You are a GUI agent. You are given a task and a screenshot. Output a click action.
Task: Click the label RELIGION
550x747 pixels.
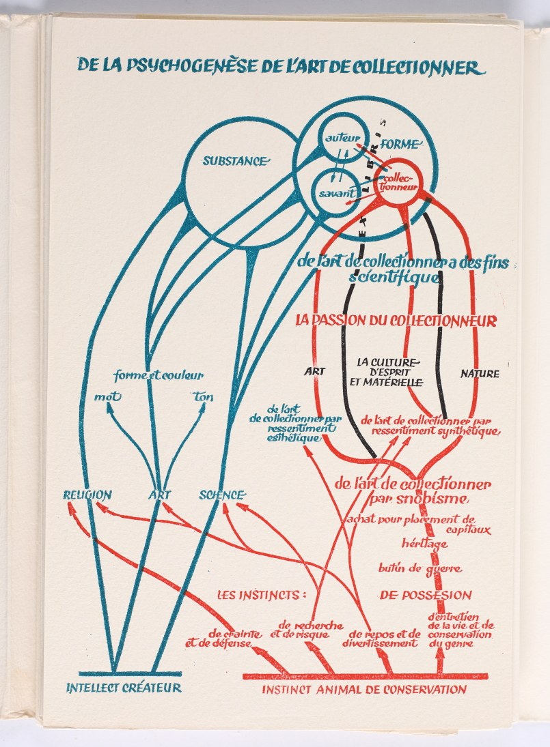pos(87,495)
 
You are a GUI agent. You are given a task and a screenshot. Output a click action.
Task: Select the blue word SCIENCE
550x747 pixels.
pos(221,495)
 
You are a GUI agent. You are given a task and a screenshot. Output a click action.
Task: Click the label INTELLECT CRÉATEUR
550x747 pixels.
pos(124,688)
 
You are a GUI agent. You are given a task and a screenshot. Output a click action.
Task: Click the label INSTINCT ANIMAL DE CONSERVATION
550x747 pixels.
pos(364,689)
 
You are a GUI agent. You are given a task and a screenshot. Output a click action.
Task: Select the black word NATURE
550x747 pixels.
pos(479,374)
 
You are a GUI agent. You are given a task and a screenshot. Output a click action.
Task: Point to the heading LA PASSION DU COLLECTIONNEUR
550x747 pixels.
pos(396,320)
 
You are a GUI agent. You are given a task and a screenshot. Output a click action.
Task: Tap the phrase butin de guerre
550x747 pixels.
pos(420,568)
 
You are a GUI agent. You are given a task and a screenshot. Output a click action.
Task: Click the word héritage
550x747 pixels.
pos(425,544)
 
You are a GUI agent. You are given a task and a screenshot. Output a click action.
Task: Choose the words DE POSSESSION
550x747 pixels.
pos(426,595)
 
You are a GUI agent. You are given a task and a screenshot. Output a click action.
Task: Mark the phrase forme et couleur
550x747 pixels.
pos(159,376)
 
